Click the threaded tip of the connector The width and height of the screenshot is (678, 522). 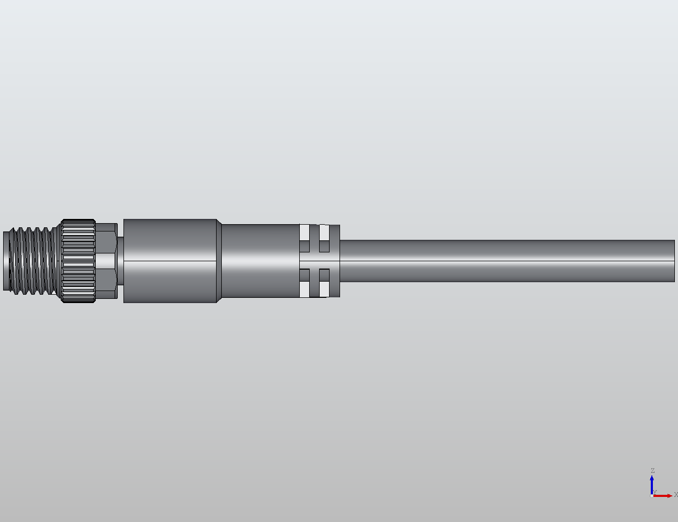(31, 260)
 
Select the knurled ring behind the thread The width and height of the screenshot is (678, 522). (78, 261)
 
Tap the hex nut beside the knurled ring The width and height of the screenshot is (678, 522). (106, 261)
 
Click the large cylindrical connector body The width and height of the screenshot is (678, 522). (170, 261)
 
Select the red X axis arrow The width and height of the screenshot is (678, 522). (663, 495)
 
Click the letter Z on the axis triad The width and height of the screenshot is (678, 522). (652, 471)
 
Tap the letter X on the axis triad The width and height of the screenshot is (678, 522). (675, 495)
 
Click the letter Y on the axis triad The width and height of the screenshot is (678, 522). (655, 492)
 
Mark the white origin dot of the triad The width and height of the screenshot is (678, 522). (651, 495)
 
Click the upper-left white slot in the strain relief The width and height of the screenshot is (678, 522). (304, 233)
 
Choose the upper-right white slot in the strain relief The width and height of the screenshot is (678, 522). (324, 233)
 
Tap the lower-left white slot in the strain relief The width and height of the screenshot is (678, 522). (304, 289)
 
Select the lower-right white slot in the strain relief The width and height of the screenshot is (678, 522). (324, 289)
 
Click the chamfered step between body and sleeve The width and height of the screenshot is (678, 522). (219, 261)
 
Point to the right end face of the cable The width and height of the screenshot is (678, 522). (674, 261)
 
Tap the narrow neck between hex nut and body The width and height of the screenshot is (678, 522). (120, 261)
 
